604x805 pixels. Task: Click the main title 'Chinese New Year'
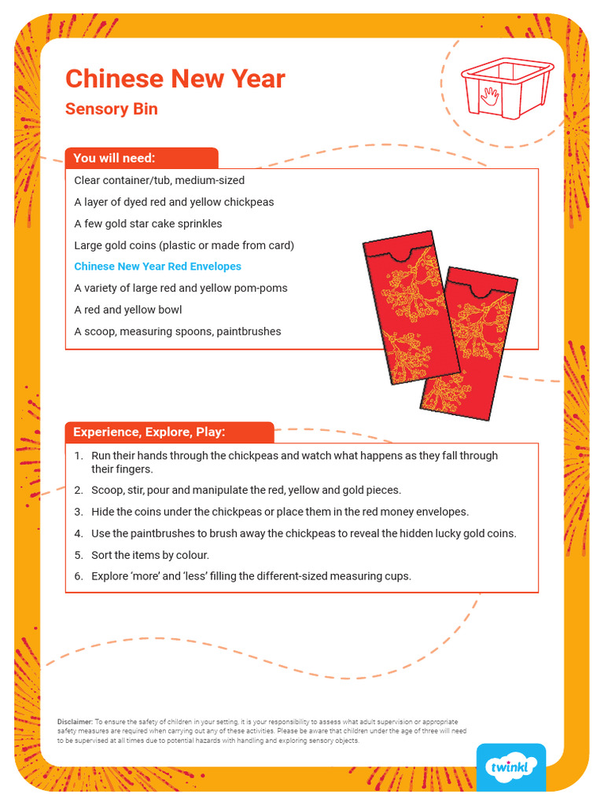pos(175,79)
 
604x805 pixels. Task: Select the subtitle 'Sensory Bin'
pos(111,109)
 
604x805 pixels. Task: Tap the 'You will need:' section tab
pos(114,158)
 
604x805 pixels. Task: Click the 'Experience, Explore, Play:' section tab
pos(149,432)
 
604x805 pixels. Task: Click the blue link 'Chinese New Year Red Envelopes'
pos(157,266)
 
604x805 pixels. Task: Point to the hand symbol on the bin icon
pos(491,96)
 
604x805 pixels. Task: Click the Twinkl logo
pos(510,766)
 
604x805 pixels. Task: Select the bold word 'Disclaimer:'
pos(75,721)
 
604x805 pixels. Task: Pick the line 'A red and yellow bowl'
pos(116,310)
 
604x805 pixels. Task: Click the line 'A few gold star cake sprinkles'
pos(148,223)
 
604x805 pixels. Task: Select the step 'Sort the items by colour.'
pos(149,555)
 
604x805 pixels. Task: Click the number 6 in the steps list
pos(78,576)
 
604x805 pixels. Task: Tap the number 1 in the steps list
pos(78,455)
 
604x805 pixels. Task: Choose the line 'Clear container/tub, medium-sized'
pos(159,180)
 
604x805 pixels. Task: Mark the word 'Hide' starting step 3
pos(103,512)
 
